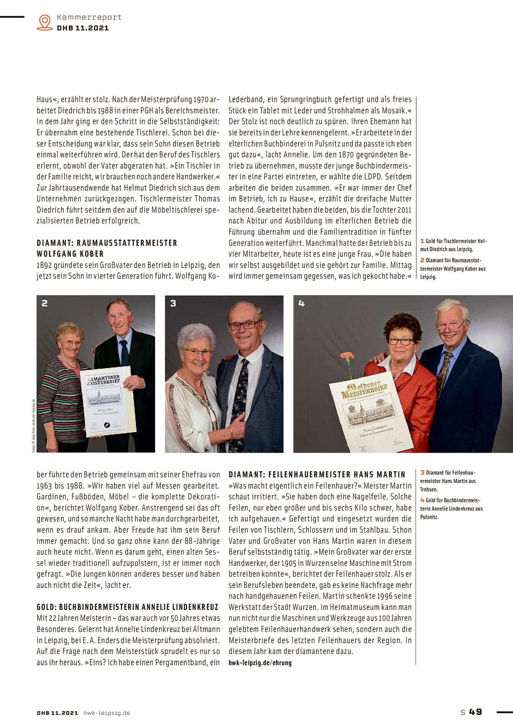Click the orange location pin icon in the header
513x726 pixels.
[x=45, y=22]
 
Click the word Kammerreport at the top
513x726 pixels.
[x=89, y=17]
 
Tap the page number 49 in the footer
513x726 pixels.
[x=475, y=712]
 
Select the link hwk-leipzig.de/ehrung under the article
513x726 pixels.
[x=260, y=662]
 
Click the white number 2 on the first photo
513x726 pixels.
[x=45, y=303]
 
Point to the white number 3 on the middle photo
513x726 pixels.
[x=173, y=303]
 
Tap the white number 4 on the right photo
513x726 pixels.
[x=302, y=303]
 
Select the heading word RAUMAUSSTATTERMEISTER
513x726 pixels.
[x=127, y=243]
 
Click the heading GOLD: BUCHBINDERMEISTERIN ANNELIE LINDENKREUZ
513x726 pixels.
[x=128, y=607]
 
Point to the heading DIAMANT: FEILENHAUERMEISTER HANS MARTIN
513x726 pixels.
[x=317, y=474]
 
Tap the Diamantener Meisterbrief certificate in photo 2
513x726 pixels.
[x=107, y=401]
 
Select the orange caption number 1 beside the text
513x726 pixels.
[x=422, y=241]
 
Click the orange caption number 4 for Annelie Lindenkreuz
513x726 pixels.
[x=422, y=500]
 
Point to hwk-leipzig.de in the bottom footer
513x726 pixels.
[x=107, y=713]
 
